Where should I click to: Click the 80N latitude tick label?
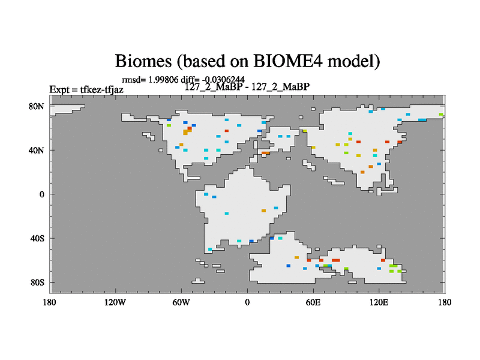click(x=37, y=107)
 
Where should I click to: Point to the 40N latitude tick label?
click(x=37, y=151)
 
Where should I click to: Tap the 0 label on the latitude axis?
click(x=41, y=194)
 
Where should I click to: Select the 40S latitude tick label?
click(x=37, y=239)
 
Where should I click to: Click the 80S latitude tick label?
click(x=37, y=283)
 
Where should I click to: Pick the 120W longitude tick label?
click(x=115, y=302)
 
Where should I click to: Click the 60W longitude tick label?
click(x=181, y=302)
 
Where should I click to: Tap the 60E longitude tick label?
click(x=313, y=302)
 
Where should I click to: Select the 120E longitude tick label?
click(x=379, y=302)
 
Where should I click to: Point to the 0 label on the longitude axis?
click(x=247, y=302)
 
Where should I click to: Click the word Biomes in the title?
click(x=143, y=61)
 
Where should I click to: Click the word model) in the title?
click(x=354, y=62)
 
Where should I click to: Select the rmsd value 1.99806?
click(x=163, y=80)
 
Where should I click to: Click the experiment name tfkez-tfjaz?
click(x=101, y=89)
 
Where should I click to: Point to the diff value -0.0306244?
click(x=223, y=80)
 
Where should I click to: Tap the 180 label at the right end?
click(x=445, y=302)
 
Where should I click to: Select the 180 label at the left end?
click(x=49, y=302)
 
